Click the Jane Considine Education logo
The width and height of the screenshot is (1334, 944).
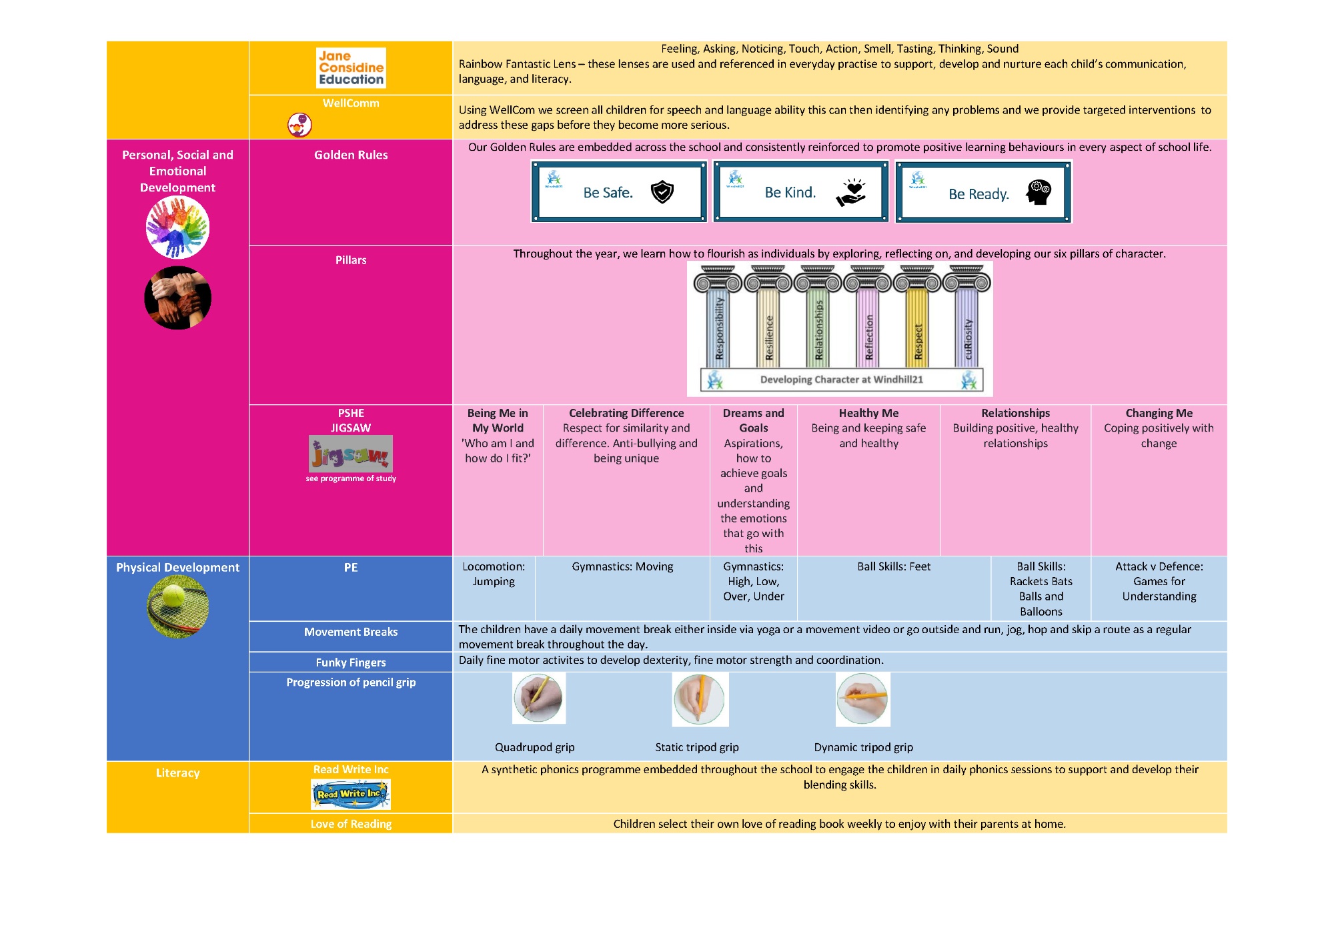click(351, 68)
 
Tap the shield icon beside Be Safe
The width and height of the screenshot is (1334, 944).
click(662, 192)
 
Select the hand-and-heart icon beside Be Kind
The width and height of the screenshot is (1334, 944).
click(851, 192)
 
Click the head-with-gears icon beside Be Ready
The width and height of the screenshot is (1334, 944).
click(1039, 193)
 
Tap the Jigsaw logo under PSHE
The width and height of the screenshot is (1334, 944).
click(351, 454)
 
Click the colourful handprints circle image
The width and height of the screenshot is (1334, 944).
click(177, 227)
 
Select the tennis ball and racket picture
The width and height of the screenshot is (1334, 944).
click(177, 606)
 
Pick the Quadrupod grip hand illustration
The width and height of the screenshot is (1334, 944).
click(539, 698)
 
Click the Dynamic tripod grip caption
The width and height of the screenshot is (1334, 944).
click(863, 747)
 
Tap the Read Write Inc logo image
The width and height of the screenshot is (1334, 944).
click(351, 794)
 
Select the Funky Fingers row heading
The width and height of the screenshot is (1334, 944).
click(351, 662)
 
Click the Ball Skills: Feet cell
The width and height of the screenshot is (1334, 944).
click(894, 567)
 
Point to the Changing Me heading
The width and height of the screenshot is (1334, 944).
click(1159, 413)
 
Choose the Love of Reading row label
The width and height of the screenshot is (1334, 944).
click(351, 824)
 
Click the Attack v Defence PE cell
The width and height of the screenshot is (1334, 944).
click(1159, 581)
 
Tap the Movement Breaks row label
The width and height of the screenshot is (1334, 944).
click(351, 632)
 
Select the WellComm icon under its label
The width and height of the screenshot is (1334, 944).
click(299, 124)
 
